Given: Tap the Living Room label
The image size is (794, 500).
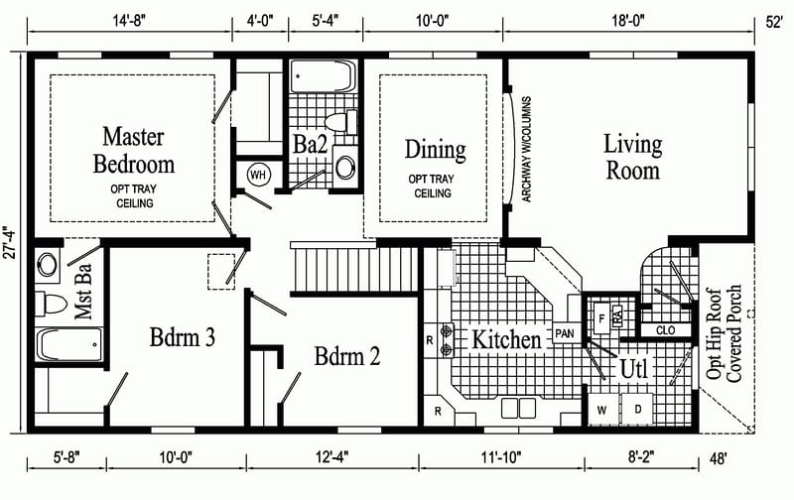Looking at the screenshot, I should pos(632,157).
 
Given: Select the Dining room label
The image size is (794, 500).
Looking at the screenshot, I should pos(435,150).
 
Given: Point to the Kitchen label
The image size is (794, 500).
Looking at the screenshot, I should pos(506,339).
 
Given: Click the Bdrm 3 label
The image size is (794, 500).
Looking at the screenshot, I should pos(183,337).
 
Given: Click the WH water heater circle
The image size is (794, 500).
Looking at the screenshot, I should pos(258,175).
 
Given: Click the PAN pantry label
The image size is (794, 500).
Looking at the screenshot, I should pos(565,333).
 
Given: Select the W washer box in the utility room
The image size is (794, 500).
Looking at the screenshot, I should pos(601,409).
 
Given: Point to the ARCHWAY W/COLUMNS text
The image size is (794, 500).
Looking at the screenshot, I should pos(526,150).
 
